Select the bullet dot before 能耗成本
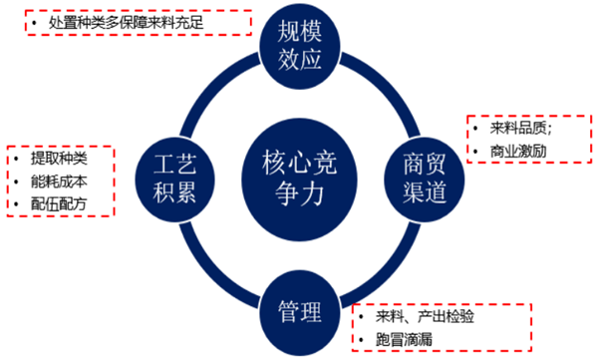click(x=19, y=182)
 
